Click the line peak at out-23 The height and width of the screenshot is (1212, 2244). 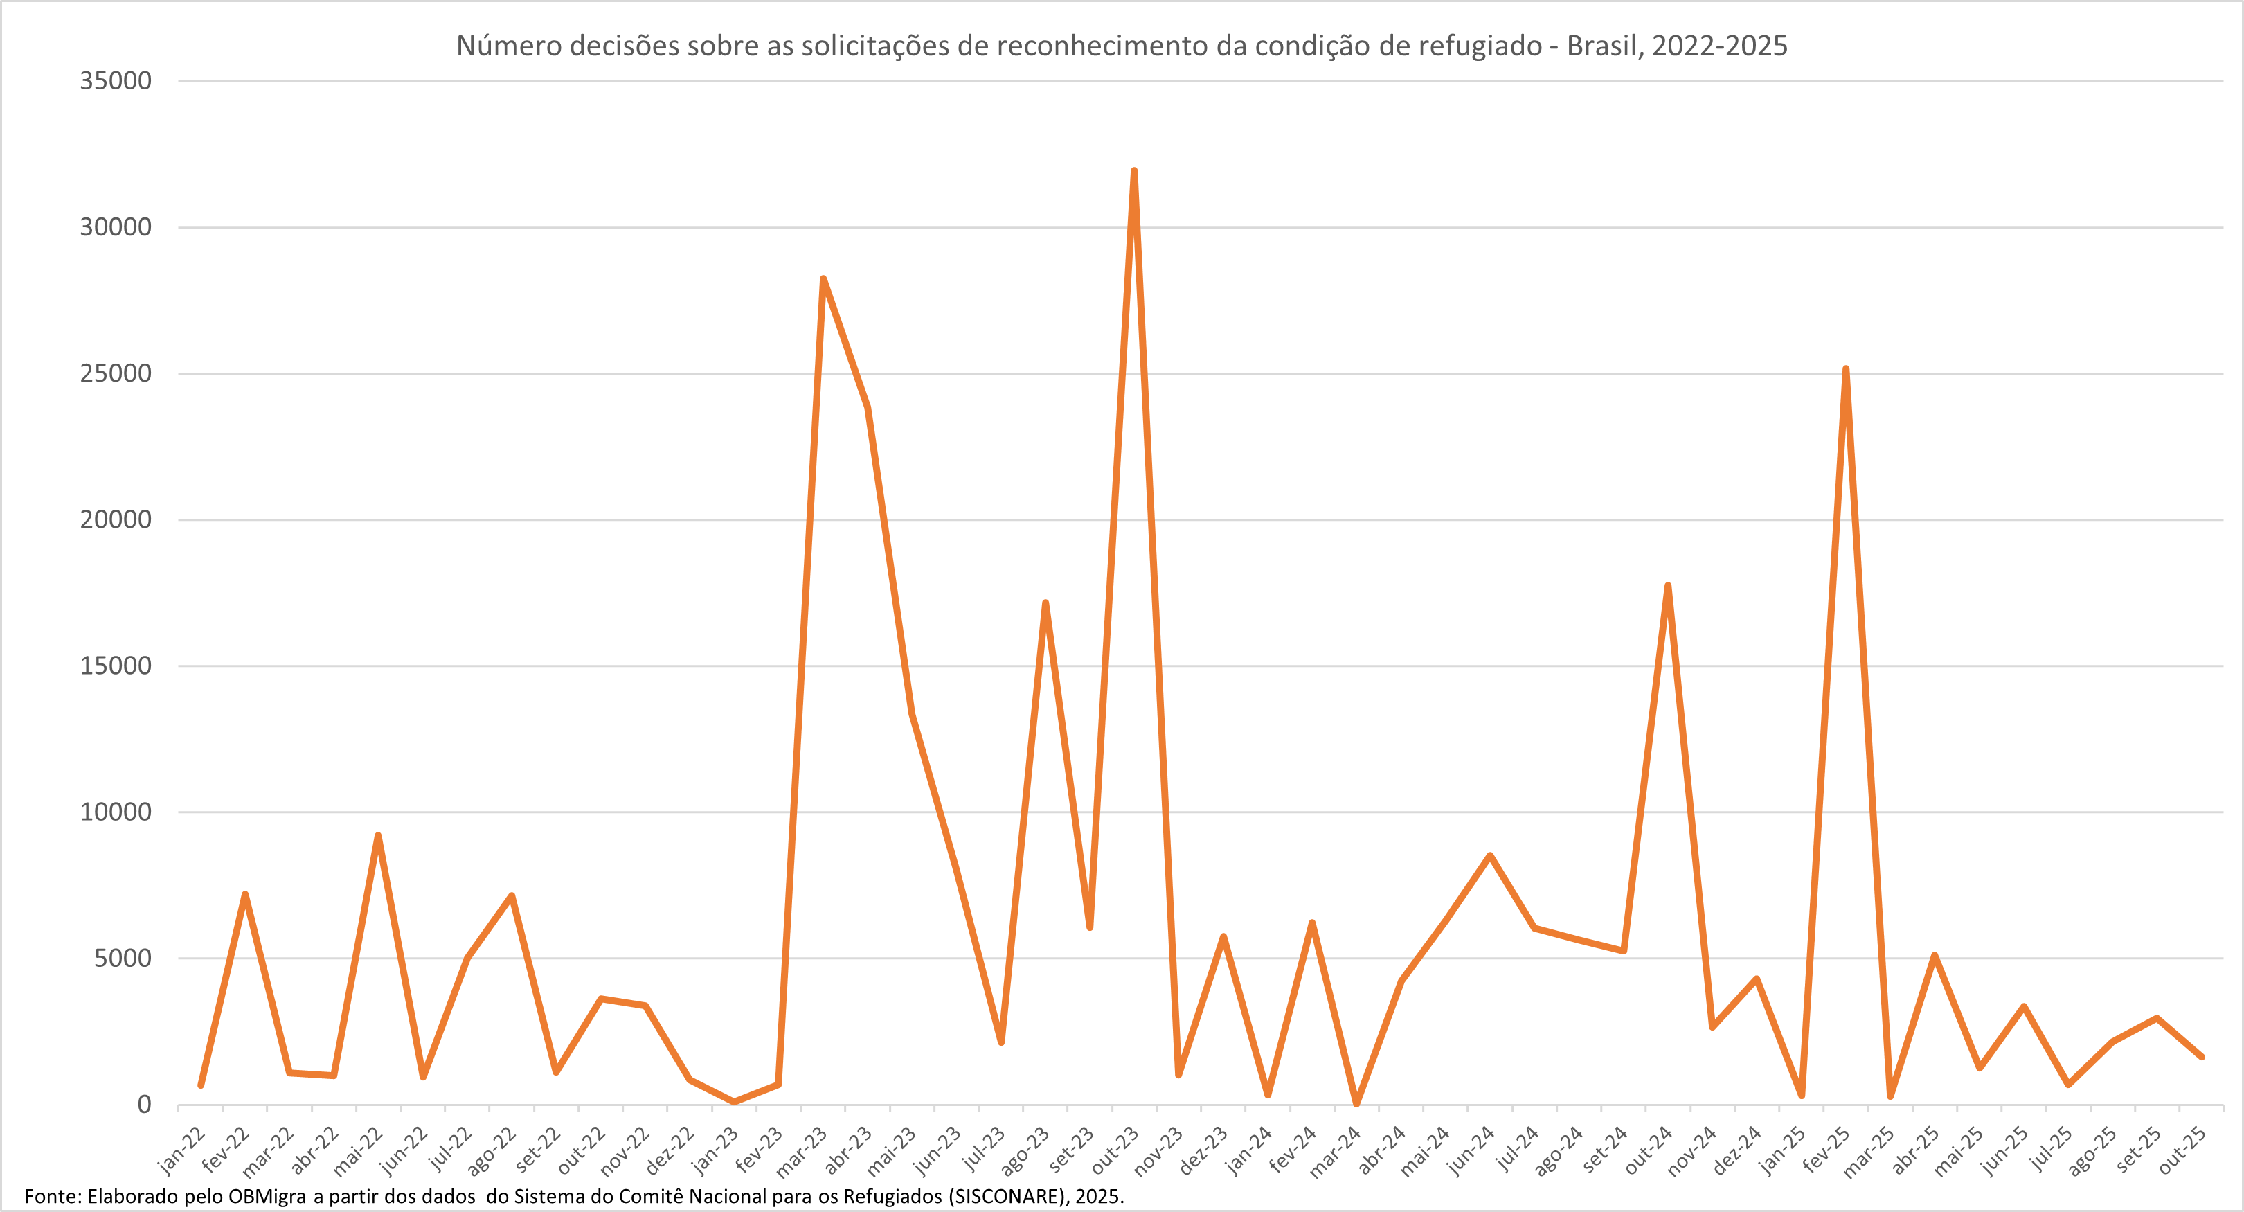(1133, 171)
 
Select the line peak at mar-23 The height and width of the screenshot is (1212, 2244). (823, 279)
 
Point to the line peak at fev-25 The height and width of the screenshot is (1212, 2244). (1846, 369)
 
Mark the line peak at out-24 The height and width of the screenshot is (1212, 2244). (1667, 585)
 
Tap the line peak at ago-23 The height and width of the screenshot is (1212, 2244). (1045, 603)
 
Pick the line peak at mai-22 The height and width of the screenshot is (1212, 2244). (378, 836)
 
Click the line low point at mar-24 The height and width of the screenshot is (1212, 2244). (1356, 1103)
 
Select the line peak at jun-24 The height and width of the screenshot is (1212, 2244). (1489, 855)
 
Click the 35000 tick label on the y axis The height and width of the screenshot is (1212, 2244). (116, 81)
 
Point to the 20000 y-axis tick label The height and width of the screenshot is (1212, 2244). (116, 519)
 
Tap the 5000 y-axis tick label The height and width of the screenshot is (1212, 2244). (123, 959)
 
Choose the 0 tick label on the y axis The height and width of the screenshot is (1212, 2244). (145, 1105)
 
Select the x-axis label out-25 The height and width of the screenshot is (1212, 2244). (2183, 1150)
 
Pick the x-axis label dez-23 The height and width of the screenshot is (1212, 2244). (1204, 1150)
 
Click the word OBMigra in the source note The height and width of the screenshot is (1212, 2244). (267, 1196)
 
